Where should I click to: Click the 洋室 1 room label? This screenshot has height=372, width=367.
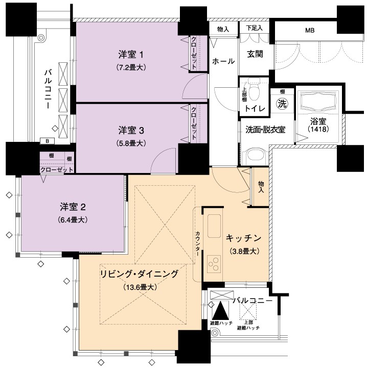131,55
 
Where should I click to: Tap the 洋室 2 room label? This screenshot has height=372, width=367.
73,207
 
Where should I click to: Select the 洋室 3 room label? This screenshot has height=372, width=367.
131,131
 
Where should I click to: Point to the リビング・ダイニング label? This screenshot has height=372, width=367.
139,274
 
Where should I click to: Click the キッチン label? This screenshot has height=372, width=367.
244,238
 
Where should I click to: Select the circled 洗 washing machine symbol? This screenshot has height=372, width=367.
282,104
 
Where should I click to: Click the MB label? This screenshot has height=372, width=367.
310,31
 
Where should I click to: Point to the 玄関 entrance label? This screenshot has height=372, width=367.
255,54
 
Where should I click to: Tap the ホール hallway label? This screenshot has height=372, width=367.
223,61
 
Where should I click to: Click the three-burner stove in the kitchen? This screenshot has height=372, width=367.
214,264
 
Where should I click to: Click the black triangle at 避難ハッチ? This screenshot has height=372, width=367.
220,310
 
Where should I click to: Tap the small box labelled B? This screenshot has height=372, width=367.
48,141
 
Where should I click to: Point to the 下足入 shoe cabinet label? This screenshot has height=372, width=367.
255,28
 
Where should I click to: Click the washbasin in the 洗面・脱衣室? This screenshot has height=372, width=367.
256,156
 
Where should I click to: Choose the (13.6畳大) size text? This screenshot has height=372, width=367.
140,287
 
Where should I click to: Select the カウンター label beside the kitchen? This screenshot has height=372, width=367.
198,243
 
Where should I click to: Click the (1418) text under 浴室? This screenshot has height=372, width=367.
318,129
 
